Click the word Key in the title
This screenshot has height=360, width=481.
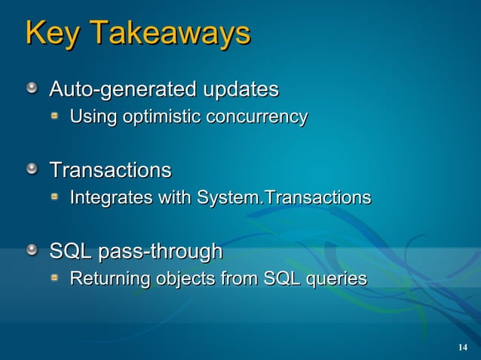(51, 34)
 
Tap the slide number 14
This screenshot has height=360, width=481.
(463, 346)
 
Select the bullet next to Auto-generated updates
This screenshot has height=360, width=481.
(32, 90)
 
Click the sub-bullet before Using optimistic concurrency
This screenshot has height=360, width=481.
(56, 117)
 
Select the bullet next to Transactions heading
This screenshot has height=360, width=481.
(32, 169)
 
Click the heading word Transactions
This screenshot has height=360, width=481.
(110, 170)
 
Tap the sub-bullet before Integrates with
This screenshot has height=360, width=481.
(56, 197)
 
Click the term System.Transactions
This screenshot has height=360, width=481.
(283, 198)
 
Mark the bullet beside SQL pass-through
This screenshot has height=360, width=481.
(32, 250)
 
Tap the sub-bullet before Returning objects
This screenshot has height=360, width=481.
(56, 279)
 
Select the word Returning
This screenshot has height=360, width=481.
(110, 279)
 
